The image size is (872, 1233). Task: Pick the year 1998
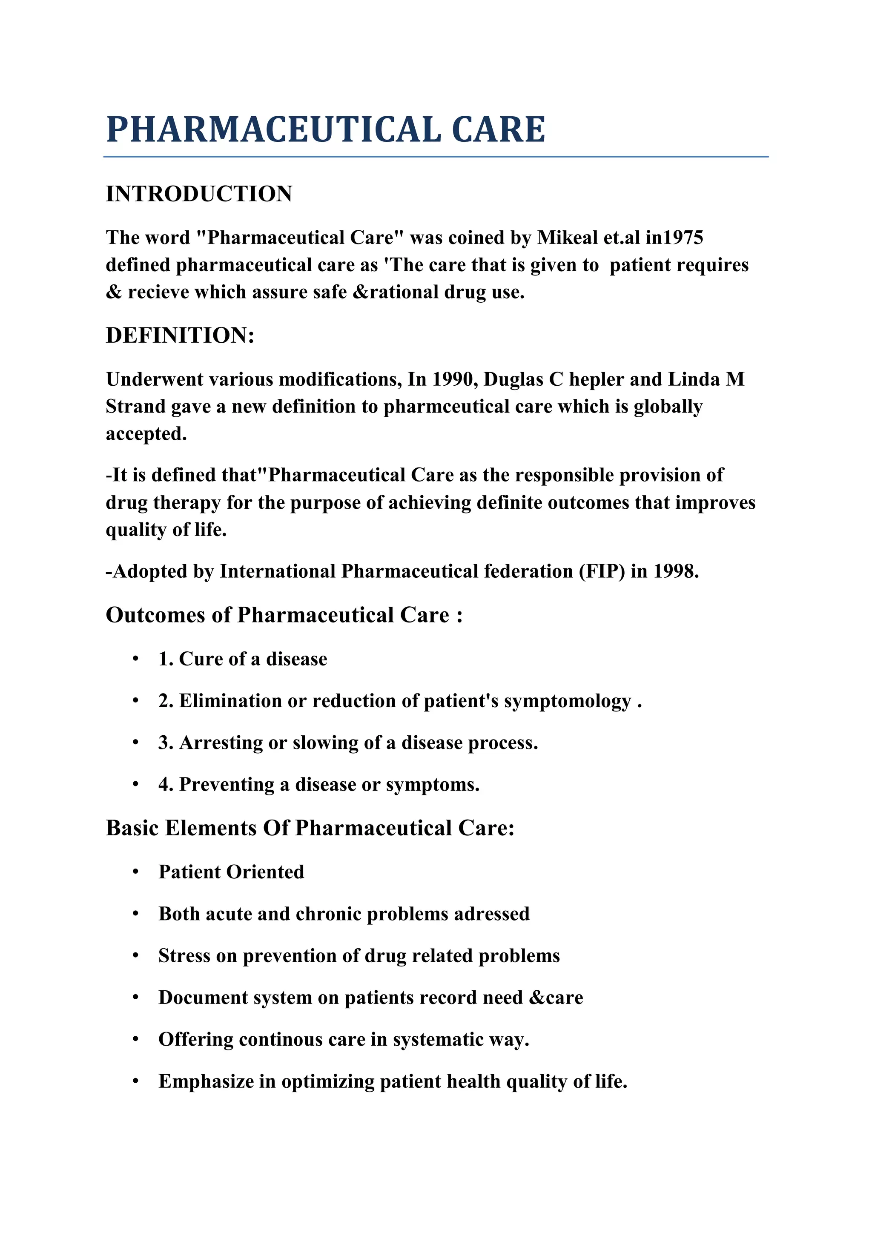pos(675,571)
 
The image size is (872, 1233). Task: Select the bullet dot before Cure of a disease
pos(136,659)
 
